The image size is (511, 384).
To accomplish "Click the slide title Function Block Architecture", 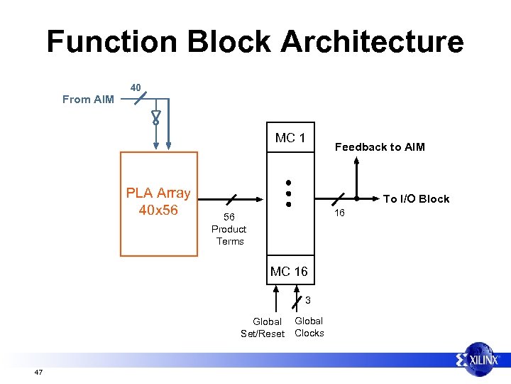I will pos(255,42).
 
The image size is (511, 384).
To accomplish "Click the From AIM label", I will pos(88,100).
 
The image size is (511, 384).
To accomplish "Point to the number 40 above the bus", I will pos(136,87).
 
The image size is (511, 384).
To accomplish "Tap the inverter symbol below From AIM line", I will pos(155,117).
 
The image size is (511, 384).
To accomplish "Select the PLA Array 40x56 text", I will pos(158,201).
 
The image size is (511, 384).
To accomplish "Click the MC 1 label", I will pos(290,138).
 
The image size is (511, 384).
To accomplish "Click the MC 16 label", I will pos(289,271).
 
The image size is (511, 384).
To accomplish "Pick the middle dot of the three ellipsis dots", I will pos(289,193).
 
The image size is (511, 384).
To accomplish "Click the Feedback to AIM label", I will pos(380,147).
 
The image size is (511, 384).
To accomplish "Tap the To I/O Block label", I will pos(416,199).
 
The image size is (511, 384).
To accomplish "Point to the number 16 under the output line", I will pos(339,213).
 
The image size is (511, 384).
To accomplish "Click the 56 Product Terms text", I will pos(229,229).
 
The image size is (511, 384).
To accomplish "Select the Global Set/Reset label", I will pos(263,328).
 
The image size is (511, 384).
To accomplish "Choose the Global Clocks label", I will pos(309,327).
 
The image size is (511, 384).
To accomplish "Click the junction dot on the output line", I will pos(356,198).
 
